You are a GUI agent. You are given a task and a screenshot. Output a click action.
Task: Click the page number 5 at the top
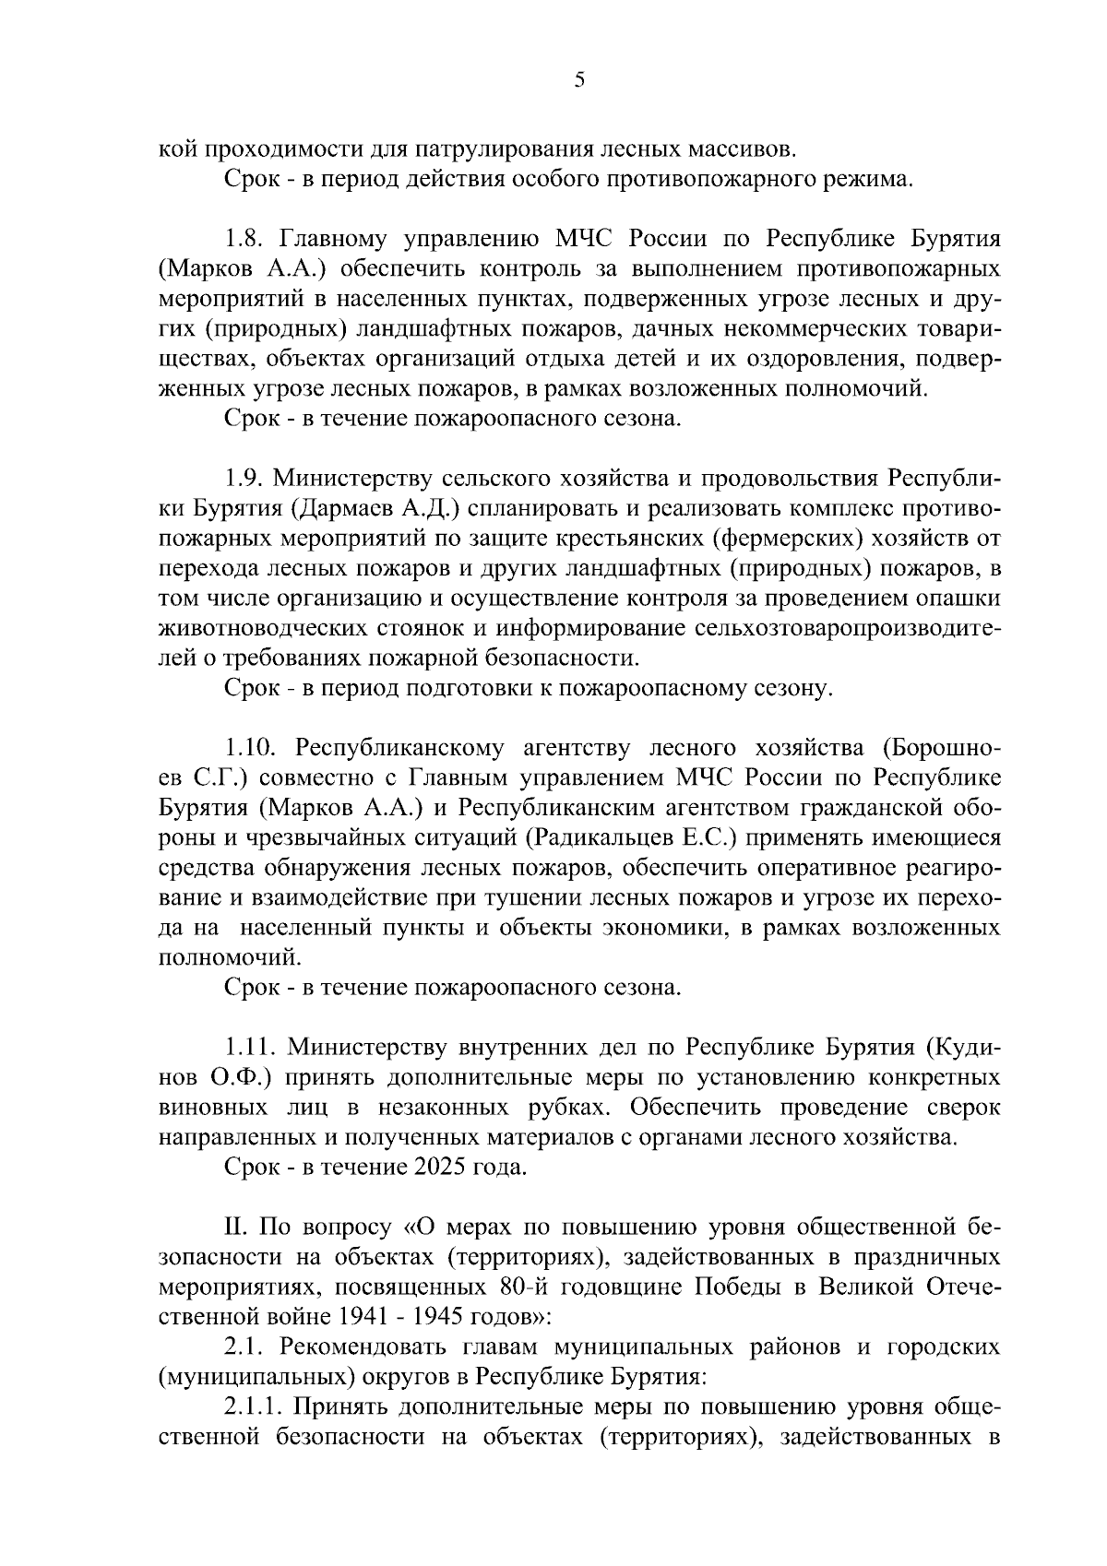(x=579, y=80)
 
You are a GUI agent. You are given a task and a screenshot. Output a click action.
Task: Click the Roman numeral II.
(x=234, y=1227)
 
